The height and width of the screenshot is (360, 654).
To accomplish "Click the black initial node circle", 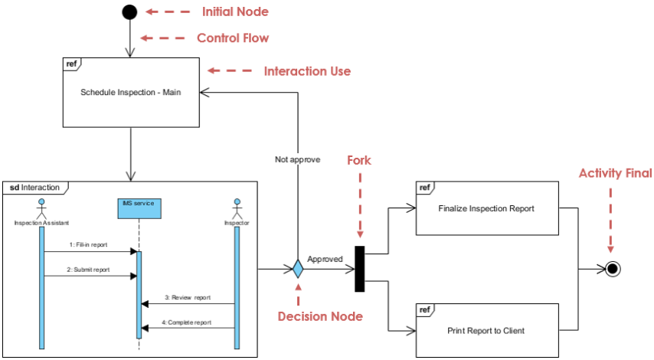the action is pos(129,12).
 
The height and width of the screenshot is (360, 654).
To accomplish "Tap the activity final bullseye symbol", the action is pos(613,269).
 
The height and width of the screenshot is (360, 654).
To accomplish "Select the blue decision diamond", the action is pos(298,269).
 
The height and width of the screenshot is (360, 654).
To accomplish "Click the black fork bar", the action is pos(359,269).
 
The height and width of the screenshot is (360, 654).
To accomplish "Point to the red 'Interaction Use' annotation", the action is pos(307,71).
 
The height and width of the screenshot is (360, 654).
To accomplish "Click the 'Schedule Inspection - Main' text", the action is pos(130,92).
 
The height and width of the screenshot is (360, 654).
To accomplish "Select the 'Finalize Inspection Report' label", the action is pos(486,208).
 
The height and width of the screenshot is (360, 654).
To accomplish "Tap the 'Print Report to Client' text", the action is pos(486,331).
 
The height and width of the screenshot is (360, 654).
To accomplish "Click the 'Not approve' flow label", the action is pos(297,159).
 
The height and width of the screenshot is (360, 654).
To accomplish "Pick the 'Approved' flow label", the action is pos(325,259).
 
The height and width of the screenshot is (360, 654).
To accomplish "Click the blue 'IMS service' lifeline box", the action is pos(139,208).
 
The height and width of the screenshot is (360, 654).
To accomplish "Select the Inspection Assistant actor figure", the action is pos(41,209).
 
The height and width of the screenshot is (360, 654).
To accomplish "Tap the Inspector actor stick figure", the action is pos(237,209).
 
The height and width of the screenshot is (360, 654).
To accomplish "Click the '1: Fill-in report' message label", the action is pos(88,245).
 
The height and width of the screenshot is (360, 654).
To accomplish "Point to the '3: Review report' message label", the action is pos(188,297).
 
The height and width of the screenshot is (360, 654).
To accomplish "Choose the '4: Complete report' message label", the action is pos(187,322).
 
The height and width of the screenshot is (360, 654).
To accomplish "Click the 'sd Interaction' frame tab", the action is pos(35,188).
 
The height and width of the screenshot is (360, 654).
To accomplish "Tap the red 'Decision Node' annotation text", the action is pos(320,316).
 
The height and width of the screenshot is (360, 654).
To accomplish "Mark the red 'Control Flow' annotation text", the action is pos(233,38).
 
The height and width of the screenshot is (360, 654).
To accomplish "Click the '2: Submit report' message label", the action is pos(88,270).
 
